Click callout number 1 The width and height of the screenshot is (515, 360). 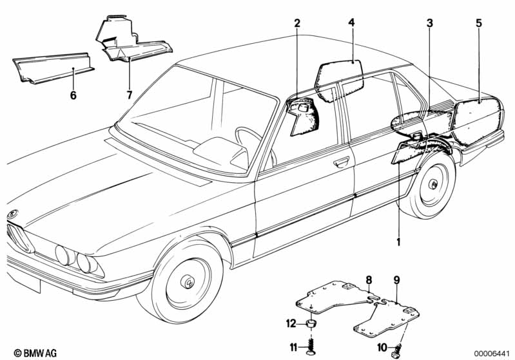click(x=398, y=242)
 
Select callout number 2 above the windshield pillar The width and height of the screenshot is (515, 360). click(x=297, y=24)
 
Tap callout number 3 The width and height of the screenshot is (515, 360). click(x=429, y=24)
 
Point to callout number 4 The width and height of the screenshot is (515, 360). click(x=351, y=23)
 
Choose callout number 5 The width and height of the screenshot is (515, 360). click(x=478, y=23)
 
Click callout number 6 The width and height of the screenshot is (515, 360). click(x=73, y=95)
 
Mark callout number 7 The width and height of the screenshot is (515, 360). click(x=129, y=95)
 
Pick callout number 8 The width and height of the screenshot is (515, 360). click(x=369, y=279)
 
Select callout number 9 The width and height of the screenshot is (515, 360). click(x=396, y=280)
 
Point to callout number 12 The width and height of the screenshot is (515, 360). click(x=292, y=322)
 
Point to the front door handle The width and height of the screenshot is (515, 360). click(x=341, y=161)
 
